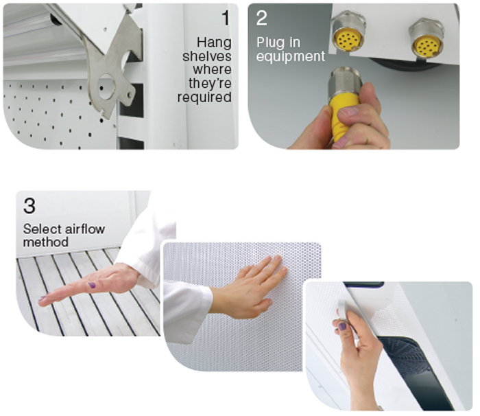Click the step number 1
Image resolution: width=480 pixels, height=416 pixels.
[226, 18]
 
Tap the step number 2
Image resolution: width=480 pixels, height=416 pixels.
[262, 18]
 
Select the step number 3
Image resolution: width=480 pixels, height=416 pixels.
[29, 206]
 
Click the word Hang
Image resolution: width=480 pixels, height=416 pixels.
[214, 43]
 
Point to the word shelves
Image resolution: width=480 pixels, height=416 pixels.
[207, 56]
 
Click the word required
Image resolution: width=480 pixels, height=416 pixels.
[204, 97]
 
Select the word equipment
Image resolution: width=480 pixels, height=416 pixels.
[291, 57]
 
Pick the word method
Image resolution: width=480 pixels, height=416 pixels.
[46, 242]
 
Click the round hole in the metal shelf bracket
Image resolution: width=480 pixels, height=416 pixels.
[106, 86]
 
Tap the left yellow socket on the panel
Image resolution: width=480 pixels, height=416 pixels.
[348, 39]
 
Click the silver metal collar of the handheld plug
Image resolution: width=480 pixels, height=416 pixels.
[344, 82]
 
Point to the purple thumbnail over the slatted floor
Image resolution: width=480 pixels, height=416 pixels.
[91, 285]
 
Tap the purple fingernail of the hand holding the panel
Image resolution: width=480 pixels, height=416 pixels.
[342, 326]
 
